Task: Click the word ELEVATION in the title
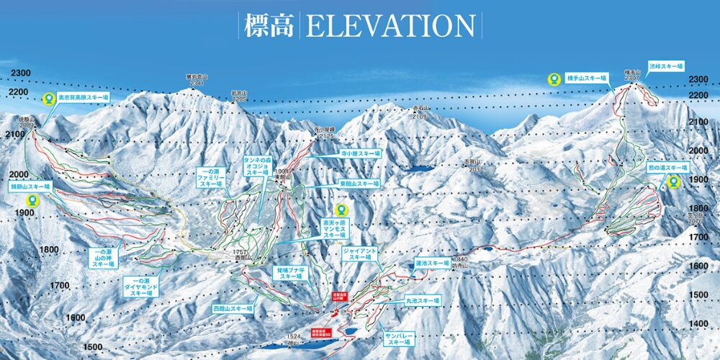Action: (390, 26)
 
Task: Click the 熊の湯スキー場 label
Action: (667, 168)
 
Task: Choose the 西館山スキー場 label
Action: (232, 308)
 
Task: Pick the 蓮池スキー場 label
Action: (432, 263)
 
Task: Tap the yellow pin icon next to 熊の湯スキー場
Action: (674, 182)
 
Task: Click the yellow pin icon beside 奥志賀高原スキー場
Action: (48, 99)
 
